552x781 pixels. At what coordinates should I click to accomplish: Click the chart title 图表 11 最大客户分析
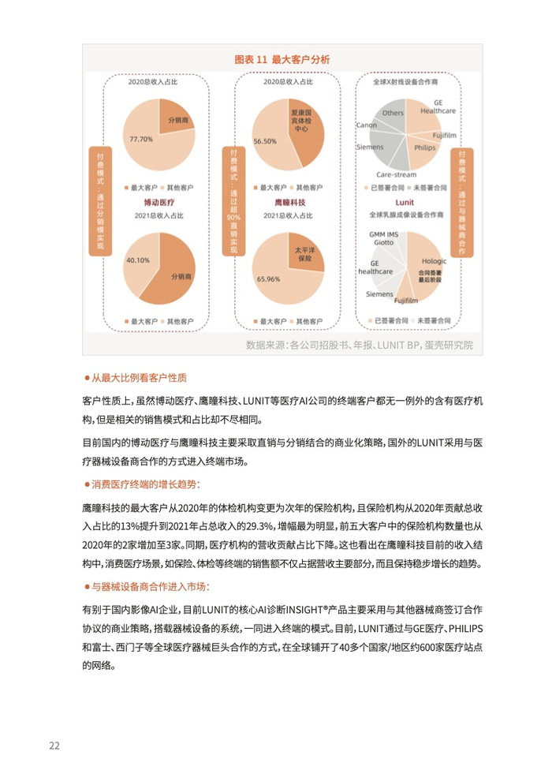[x=282, y=59]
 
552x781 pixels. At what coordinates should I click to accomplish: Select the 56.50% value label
[x=264, y=141]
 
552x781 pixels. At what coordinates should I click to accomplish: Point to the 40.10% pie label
[x=137, y=260]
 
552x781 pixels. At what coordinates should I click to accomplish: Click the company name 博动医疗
[x=159, y=202]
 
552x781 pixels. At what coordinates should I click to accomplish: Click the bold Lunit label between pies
[x=408, y=202]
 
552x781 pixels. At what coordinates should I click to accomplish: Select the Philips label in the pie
[x=423, y=147]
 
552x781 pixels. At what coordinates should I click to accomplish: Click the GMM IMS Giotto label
[x=385, y=238]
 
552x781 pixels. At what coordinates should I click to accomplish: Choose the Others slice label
[x=393, y=113]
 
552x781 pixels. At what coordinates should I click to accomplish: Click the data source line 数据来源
[x=359, y=344]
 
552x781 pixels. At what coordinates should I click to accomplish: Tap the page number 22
[x=54, y=745]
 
